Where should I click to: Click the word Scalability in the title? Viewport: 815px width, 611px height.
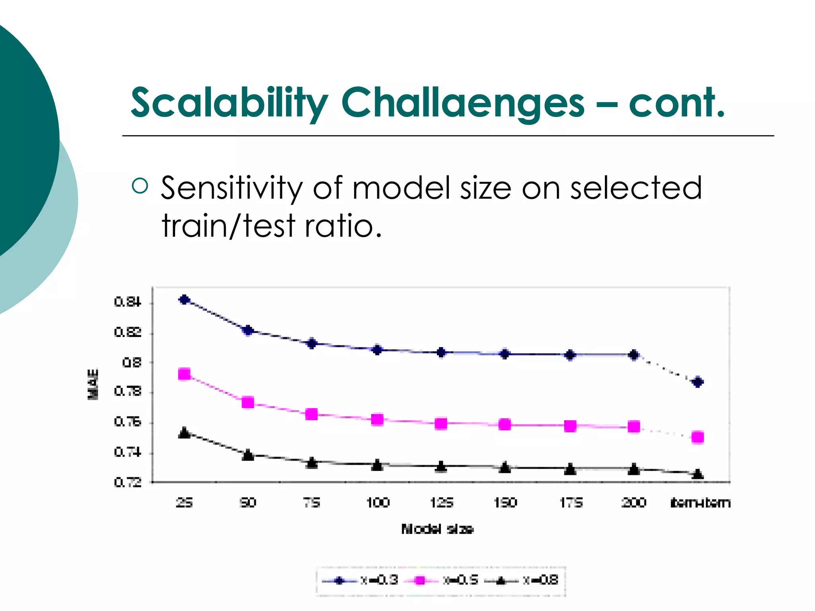pos(229,103)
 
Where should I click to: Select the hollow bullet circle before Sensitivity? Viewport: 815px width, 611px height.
pos(140,186)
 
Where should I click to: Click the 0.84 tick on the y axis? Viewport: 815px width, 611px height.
pos(127,302)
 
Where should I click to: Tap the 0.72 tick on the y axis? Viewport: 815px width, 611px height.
pos(127,483)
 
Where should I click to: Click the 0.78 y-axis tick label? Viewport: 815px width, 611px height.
pos(127,392)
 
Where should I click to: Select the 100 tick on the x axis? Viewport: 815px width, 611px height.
pos(377,503)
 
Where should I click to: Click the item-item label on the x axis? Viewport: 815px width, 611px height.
pos(700,503)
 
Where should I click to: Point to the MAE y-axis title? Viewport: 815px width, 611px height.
pos(93,384)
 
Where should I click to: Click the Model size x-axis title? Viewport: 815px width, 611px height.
pos(437,529)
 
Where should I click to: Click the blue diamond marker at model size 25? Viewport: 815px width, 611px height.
pos(184,300)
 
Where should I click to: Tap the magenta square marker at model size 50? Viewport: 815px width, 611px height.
pos(248,403)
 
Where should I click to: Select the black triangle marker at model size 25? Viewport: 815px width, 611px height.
pos(184,433)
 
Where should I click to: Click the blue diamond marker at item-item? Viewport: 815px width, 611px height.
pos(698,382)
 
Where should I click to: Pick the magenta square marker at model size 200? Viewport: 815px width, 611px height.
pos(634,427)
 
